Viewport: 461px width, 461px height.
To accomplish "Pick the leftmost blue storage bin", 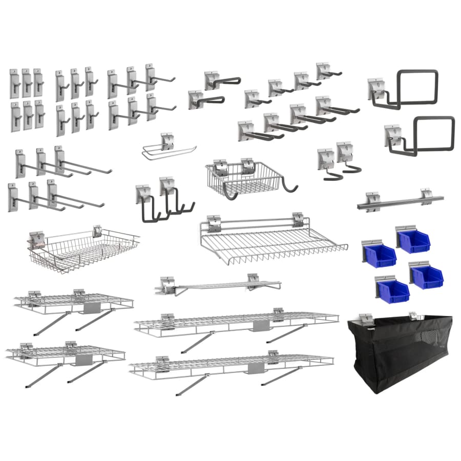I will [x=379, y=255].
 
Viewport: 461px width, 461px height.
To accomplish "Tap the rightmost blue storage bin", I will [x=427, y=277].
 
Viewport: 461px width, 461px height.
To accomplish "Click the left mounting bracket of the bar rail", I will [x=373, y=198].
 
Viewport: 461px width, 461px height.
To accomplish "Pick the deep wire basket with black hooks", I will [x=241, y=179].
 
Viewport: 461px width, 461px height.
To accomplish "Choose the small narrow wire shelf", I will [x=220, y=285].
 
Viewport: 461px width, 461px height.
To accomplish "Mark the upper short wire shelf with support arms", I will [x=74, y=303].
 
